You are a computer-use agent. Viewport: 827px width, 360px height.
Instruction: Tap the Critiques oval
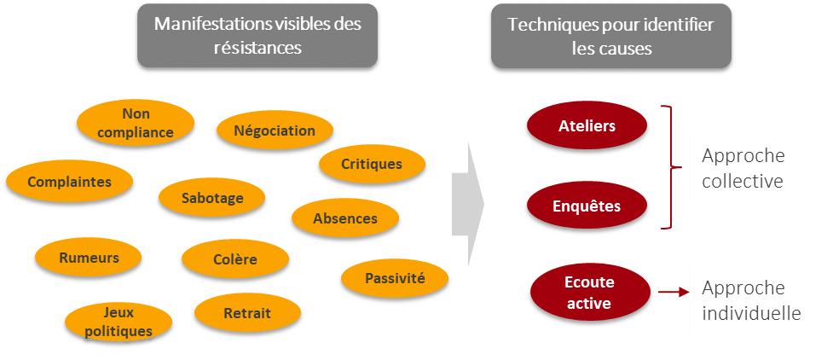(371, 164)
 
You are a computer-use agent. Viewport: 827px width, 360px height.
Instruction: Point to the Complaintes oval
(69, 182)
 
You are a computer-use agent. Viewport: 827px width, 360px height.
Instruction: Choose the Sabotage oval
(212, 198)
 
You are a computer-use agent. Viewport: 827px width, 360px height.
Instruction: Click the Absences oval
(344, 218)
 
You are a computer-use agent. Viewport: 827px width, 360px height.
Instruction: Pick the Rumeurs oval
(89, 258)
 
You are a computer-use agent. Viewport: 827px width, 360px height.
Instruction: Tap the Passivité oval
(395, 278)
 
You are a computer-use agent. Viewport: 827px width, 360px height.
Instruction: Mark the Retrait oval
(246, 313)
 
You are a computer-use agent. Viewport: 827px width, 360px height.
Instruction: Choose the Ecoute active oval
(589, 292)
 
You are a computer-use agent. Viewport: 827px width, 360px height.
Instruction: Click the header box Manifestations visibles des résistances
(257, 36)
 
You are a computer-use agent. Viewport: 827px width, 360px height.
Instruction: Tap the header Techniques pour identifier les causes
(611, 36)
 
